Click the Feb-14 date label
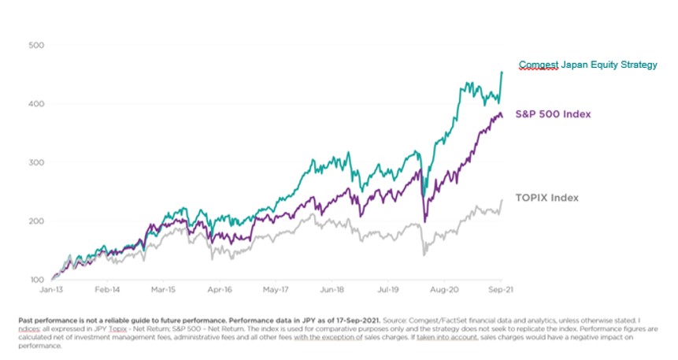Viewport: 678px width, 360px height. (x=106, y=291)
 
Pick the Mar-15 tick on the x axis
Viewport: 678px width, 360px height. (x=163, y=291)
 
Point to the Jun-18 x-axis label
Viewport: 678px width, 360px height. (x=332, y=291)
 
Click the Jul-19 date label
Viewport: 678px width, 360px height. (x=389, y=291)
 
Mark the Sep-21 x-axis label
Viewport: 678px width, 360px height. (x=502, y=291)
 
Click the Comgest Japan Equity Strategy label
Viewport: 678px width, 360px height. (x=587, y=65)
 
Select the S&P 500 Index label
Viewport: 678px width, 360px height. (x=552, y=114)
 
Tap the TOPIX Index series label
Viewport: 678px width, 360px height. (x=546, y=198)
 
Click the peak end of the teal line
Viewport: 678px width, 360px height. (x=502, y=72)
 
